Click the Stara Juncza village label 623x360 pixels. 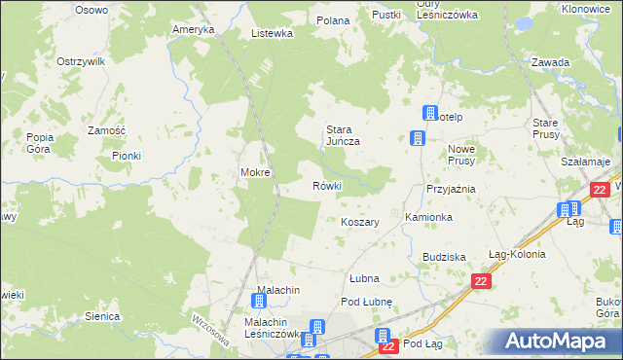(x=343, y=134)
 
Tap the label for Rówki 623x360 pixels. (x=326, y=186)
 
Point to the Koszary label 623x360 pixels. (x=359, y=222)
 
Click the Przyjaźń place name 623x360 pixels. (x=450, y=189)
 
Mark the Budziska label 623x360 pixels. (x=444, y=257)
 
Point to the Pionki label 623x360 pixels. (x=127, y=156)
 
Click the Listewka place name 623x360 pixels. (x=272, y=33)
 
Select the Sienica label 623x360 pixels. (x=102, y=316)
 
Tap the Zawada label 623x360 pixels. (x=550, y=62)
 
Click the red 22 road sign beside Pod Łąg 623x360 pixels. (x=388, y=345)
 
